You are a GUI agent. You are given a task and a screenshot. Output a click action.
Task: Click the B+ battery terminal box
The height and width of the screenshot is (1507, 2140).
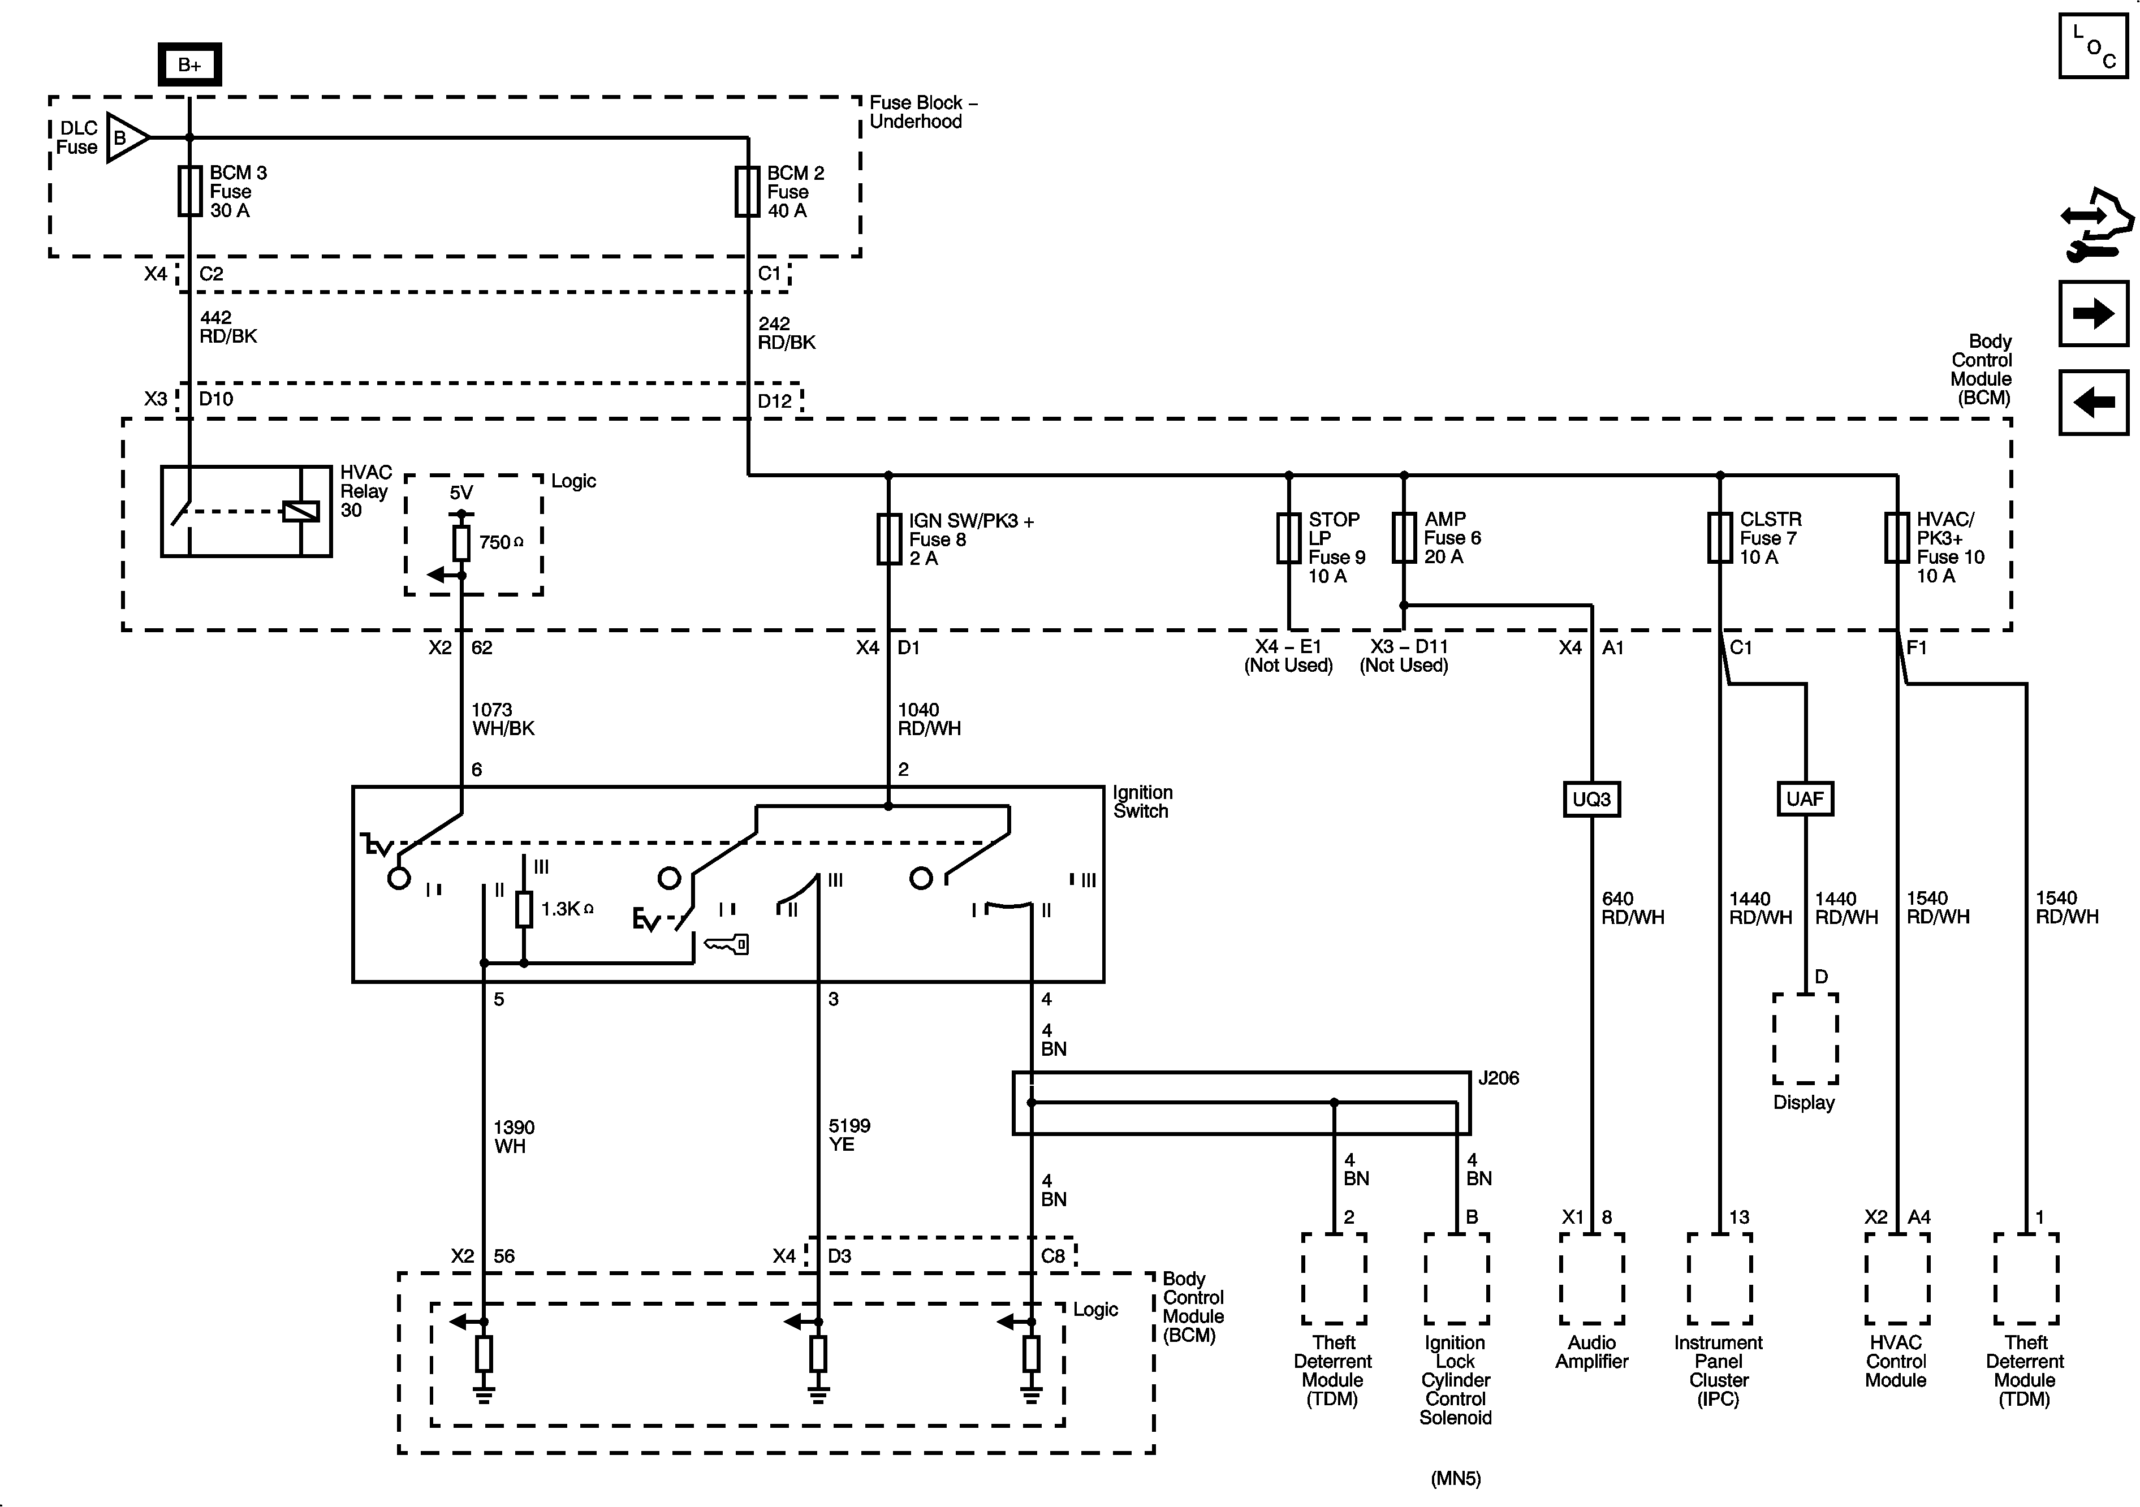point(189,64)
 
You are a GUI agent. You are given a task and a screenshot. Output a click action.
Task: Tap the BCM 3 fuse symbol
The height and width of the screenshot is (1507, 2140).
point(189,191)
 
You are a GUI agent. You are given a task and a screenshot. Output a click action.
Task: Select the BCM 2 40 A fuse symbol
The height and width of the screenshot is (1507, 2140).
point(748,191)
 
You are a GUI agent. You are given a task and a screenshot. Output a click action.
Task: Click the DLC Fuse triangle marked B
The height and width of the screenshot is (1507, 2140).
point(126,138)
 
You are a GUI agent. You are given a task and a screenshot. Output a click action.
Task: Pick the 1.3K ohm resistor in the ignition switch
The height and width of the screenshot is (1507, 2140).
point(524,909)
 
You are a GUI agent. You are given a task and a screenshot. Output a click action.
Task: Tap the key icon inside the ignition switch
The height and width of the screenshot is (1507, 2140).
point(727,944)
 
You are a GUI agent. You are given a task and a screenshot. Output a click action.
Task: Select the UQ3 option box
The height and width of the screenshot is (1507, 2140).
point(1591,798)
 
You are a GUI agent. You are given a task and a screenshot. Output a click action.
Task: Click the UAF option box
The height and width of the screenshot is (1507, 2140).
point(1805,798)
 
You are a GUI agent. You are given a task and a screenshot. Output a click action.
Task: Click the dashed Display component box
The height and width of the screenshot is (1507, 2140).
point(1805,1038)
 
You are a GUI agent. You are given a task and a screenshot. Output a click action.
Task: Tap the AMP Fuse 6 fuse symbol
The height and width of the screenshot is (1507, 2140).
point(1404,538)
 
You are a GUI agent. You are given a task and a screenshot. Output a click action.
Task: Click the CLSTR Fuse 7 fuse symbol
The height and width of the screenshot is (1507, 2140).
point(1720,538)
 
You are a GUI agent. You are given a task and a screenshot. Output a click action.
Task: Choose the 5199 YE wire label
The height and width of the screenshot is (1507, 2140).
point(849,1135)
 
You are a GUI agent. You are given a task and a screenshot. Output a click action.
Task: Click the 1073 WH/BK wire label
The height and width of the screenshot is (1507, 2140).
point(502,719)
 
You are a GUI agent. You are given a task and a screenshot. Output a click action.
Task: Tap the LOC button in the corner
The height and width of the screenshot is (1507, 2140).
point(2092,46)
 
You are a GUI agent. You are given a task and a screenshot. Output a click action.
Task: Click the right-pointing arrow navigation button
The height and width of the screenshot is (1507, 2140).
point(2092,313)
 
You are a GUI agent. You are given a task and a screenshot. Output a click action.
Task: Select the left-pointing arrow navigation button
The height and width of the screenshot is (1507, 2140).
point(2092,403)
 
